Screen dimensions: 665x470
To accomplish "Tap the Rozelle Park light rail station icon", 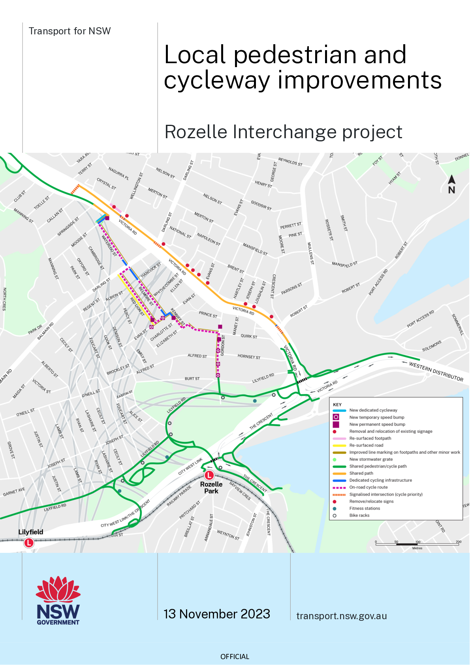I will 209,475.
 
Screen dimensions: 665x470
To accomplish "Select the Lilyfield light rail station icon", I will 29,543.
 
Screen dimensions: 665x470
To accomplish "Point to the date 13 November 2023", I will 217,614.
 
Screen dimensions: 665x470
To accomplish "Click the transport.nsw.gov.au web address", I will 342,616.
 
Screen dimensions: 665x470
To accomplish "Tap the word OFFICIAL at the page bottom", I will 235,656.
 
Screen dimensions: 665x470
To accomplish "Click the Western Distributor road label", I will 436,372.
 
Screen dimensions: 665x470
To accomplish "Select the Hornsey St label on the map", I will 249,357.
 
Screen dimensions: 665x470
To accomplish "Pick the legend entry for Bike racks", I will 359,515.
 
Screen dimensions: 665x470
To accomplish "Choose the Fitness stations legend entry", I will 365,508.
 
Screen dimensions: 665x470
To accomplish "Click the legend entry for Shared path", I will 361,473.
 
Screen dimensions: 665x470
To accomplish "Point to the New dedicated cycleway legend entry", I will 373,410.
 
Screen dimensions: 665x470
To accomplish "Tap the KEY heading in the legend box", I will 337,404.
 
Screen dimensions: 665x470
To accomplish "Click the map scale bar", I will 417,544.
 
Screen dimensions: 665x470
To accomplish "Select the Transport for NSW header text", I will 70,31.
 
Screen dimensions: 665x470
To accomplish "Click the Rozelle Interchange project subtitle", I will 283,132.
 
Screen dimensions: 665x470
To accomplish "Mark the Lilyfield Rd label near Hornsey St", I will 263,378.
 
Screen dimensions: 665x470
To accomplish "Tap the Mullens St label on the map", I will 311,253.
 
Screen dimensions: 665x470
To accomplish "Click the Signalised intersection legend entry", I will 385,494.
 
